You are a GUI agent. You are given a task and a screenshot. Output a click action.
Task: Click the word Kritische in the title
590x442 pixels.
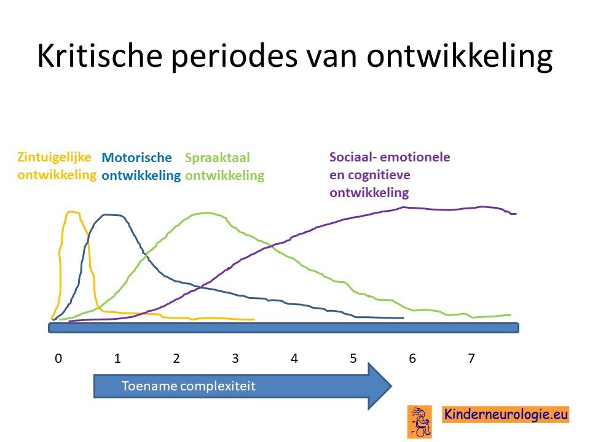(100, 56)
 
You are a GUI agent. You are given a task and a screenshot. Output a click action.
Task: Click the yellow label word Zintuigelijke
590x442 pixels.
(54, 157)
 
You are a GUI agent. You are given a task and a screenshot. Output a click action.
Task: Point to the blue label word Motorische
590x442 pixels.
(136, 157)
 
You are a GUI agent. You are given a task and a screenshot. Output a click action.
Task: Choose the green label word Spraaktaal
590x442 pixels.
(218, 158)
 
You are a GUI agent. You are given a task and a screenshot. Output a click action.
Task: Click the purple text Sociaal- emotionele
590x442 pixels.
(390, 157)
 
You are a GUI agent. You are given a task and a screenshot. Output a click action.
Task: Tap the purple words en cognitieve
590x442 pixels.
(370, 175)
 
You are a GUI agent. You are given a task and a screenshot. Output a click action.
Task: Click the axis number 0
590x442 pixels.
(58, 358)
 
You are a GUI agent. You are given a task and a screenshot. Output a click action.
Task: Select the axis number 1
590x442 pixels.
(117, 358)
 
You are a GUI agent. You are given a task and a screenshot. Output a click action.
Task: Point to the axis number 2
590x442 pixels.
(176, 358)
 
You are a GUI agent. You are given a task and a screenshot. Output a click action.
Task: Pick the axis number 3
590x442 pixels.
(235, 358)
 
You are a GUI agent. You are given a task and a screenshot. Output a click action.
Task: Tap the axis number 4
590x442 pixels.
(294, 358)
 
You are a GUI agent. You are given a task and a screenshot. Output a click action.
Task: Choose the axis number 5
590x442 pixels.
(353, 358)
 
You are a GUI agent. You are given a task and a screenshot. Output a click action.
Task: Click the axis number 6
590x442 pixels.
(412, 358)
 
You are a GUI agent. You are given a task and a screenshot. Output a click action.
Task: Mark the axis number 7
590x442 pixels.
(471, 358)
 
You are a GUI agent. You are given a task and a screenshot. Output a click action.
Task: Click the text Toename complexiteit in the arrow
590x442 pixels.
(189, 386)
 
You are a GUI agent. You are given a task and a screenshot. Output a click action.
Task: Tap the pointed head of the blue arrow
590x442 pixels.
(391, 386)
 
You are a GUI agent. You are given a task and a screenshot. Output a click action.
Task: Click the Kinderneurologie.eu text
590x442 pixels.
(506, 414)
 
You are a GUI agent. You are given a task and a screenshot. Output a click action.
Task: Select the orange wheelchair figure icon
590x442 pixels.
(420, 422)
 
